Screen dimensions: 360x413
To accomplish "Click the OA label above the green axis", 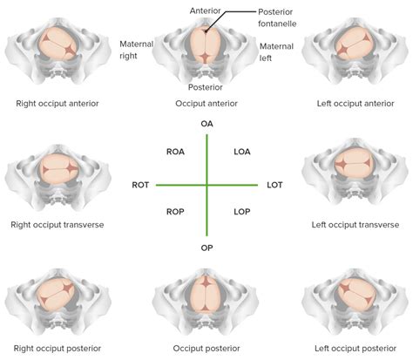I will coord(206,125).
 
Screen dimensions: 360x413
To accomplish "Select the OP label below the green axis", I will coord(206,247).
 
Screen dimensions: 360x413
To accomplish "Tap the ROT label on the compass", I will coord(140,186).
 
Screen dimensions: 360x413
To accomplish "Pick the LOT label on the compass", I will coord(273,186).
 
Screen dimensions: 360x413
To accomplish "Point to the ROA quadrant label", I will coord(174,153).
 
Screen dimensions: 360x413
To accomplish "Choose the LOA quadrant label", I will coord(242,153).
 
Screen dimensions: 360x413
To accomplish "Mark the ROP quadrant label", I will coord(174,212).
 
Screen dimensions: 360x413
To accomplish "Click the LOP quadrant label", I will coord(242,212).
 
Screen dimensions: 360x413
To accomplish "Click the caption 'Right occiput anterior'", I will coord(57,104).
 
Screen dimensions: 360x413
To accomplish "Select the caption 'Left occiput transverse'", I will coord(355,224).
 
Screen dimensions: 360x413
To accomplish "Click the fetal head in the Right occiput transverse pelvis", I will coord(57,166).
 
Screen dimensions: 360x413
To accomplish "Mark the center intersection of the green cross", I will coord(206,185).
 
